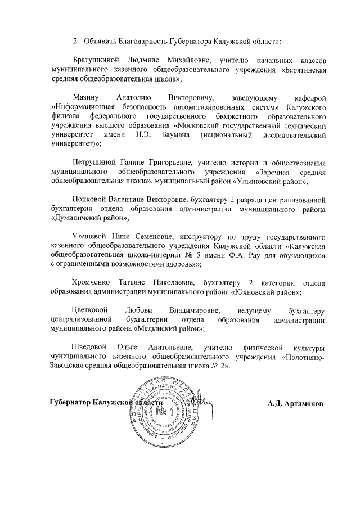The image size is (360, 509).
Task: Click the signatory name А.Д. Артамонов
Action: click(x=295, y=403)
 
